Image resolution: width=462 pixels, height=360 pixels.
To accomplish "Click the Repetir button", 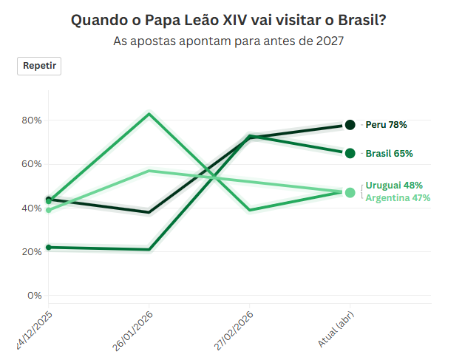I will pos(39,66).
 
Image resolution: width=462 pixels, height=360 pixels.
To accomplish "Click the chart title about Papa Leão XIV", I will pos(228,20).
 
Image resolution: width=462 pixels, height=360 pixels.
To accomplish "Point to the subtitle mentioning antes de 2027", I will pos(228,41).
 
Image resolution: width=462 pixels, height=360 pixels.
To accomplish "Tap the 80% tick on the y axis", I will pos(33,120).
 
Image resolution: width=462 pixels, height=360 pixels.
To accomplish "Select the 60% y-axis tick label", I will pos(33,164).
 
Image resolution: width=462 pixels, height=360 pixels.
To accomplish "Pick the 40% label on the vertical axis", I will pos(33,208).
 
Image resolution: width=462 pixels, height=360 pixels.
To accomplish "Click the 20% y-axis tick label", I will pos(33,252).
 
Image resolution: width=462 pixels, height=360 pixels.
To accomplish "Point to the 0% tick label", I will pos(35,296).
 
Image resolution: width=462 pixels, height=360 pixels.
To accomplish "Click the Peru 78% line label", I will pos(386,125).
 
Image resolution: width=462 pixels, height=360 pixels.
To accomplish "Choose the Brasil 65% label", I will pos(389,153).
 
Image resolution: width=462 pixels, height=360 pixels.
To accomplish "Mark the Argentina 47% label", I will pos(398,197).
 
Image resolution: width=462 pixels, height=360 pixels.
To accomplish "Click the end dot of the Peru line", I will pos(350,125).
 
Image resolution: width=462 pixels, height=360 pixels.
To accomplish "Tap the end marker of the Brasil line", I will pos(350,153).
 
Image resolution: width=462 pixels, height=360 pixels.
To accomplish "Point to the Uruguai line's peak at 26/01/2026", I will pos(149,114).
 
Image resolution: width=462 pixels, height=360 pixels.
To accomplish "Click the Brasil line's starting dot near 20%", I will pos(49,247).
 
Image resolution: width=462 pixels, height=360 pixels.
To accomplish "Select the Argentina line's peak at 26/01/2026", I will pos(149,171).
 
